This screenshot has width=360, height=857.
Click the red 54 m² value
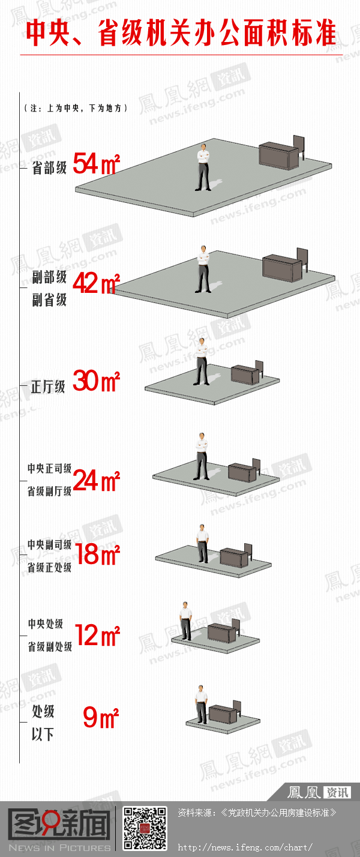[x=97, y=163]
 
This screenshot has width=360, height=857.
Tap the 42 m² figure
[x=97, y=283]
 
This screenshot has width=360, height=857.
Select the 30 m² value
[x=97, y=381]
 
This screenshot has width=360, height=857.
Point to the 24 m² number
[x=97, y=481]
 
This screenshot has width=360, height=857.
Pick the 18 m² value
[x=98, y=555]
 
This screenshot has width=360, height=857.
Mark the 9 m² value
[x=101, y=717]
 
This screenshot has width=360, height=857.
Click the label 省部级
[x=49, y=167]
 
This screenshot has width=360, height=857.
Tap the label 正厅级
[x=48, y=387]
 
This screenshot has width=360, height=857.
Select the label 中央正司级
[x=49, y=468]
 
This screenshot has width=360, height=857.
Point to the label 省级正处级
[x=49, y=567]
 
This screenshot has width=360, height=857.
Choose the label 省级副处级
[x=50, y=646]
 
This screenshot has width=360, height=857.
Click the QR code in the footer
[x=145, y=828]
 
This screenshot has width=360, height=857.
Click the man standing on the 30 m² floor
[x=202, y=361]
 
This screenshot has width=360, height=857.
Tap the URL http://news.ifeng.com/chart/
[x=245, y=847]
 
